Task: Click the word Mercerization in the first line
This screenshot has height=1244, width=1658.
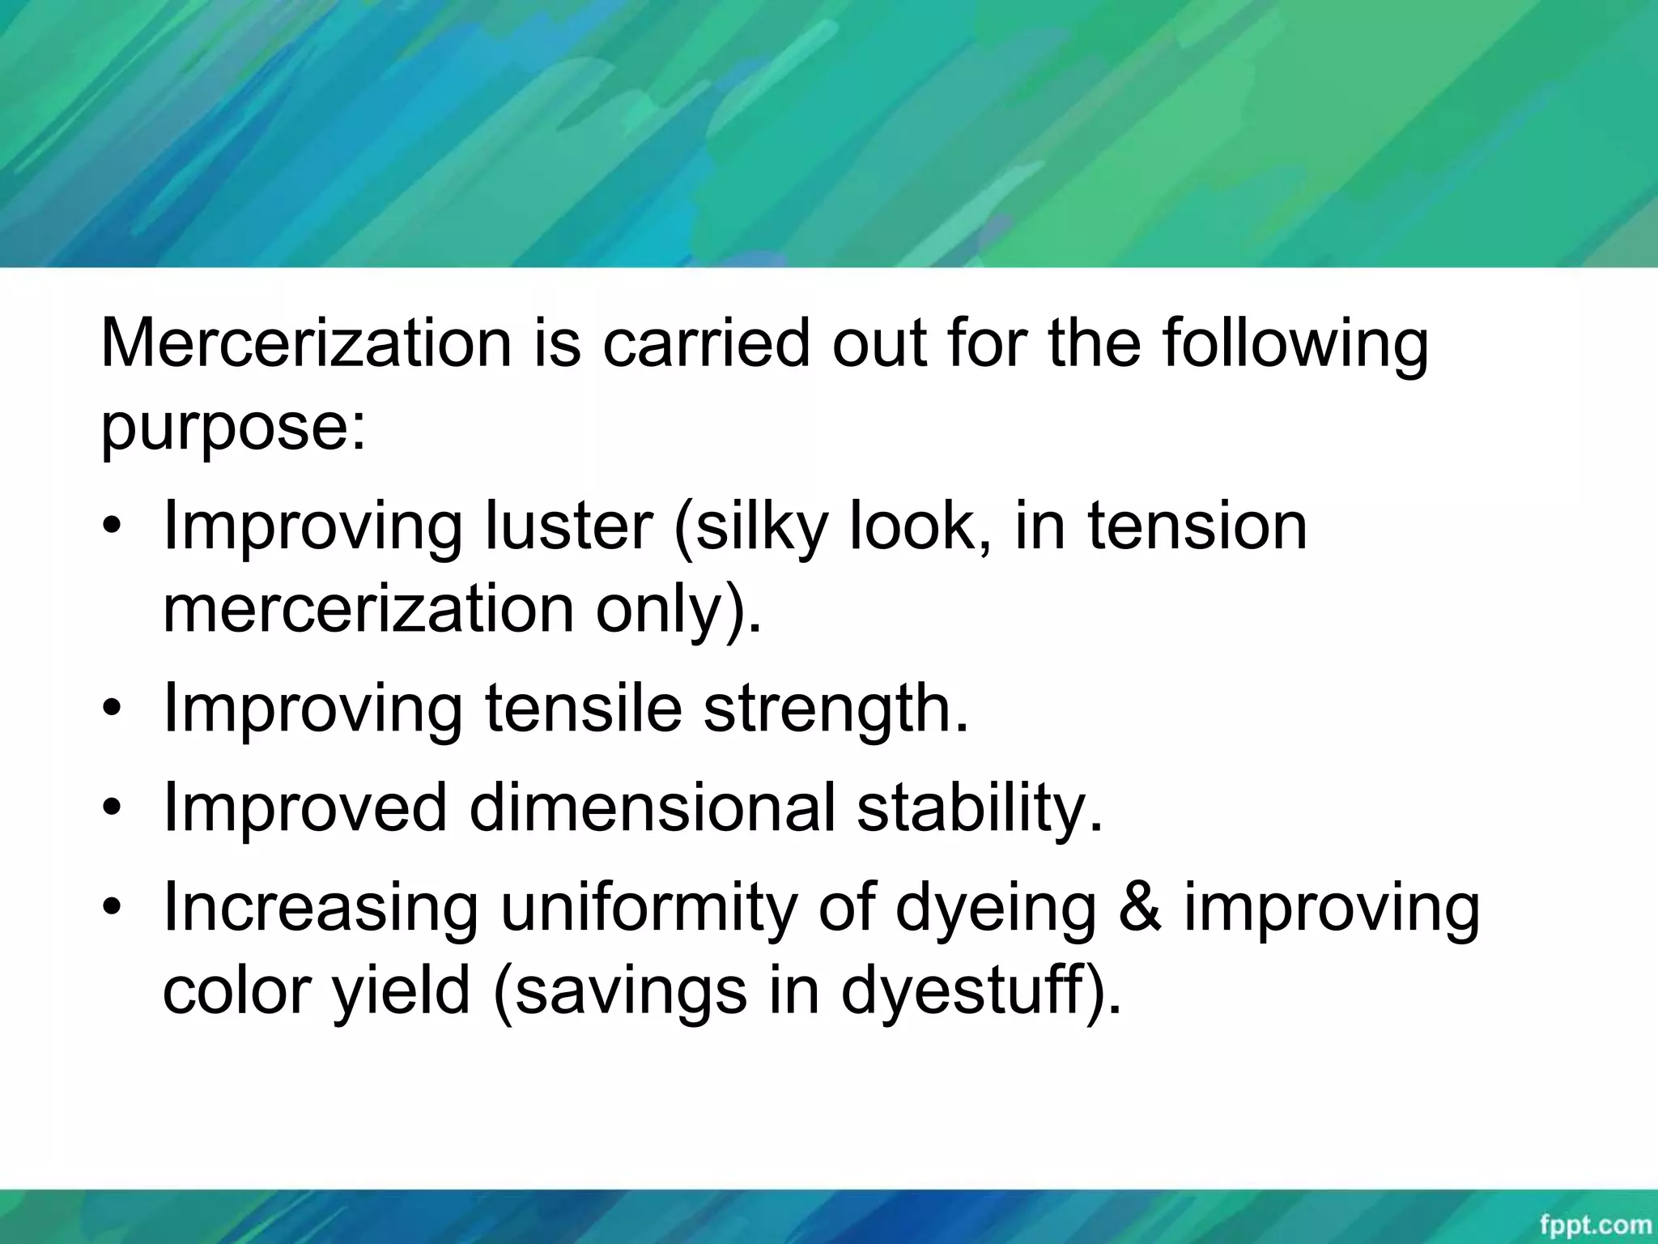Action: click(x=306, y=343)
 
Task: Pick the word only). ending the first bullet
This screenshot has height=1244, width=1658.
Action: click(x=678, y=609)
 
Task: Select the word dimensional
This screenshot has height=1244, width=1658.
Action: click(x=652, y=807)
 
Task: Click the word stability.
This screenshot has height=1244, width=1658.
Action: click(x=980, y=807)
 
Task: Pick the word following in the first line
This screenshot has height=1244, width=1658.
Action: click(x=1295, y=343)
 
